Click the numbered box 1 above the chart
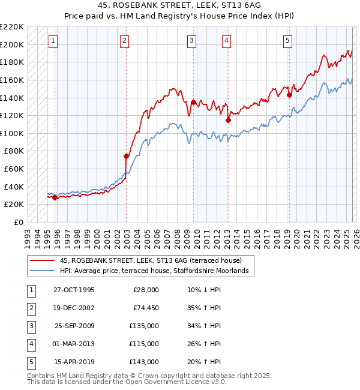pos(53,41)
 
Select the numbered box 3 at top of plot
pos(191,41)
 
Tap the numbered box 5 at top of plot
pos(288,41)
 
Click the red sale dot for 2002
pos(126,156)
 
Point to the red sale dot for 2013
pos(228,120)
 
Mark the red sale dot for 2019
pos(289,95)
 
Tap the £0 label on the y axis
pos(19,222)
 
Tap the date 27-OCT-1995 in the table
pos(74,290)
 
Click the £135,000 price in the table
pos(145,326)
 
